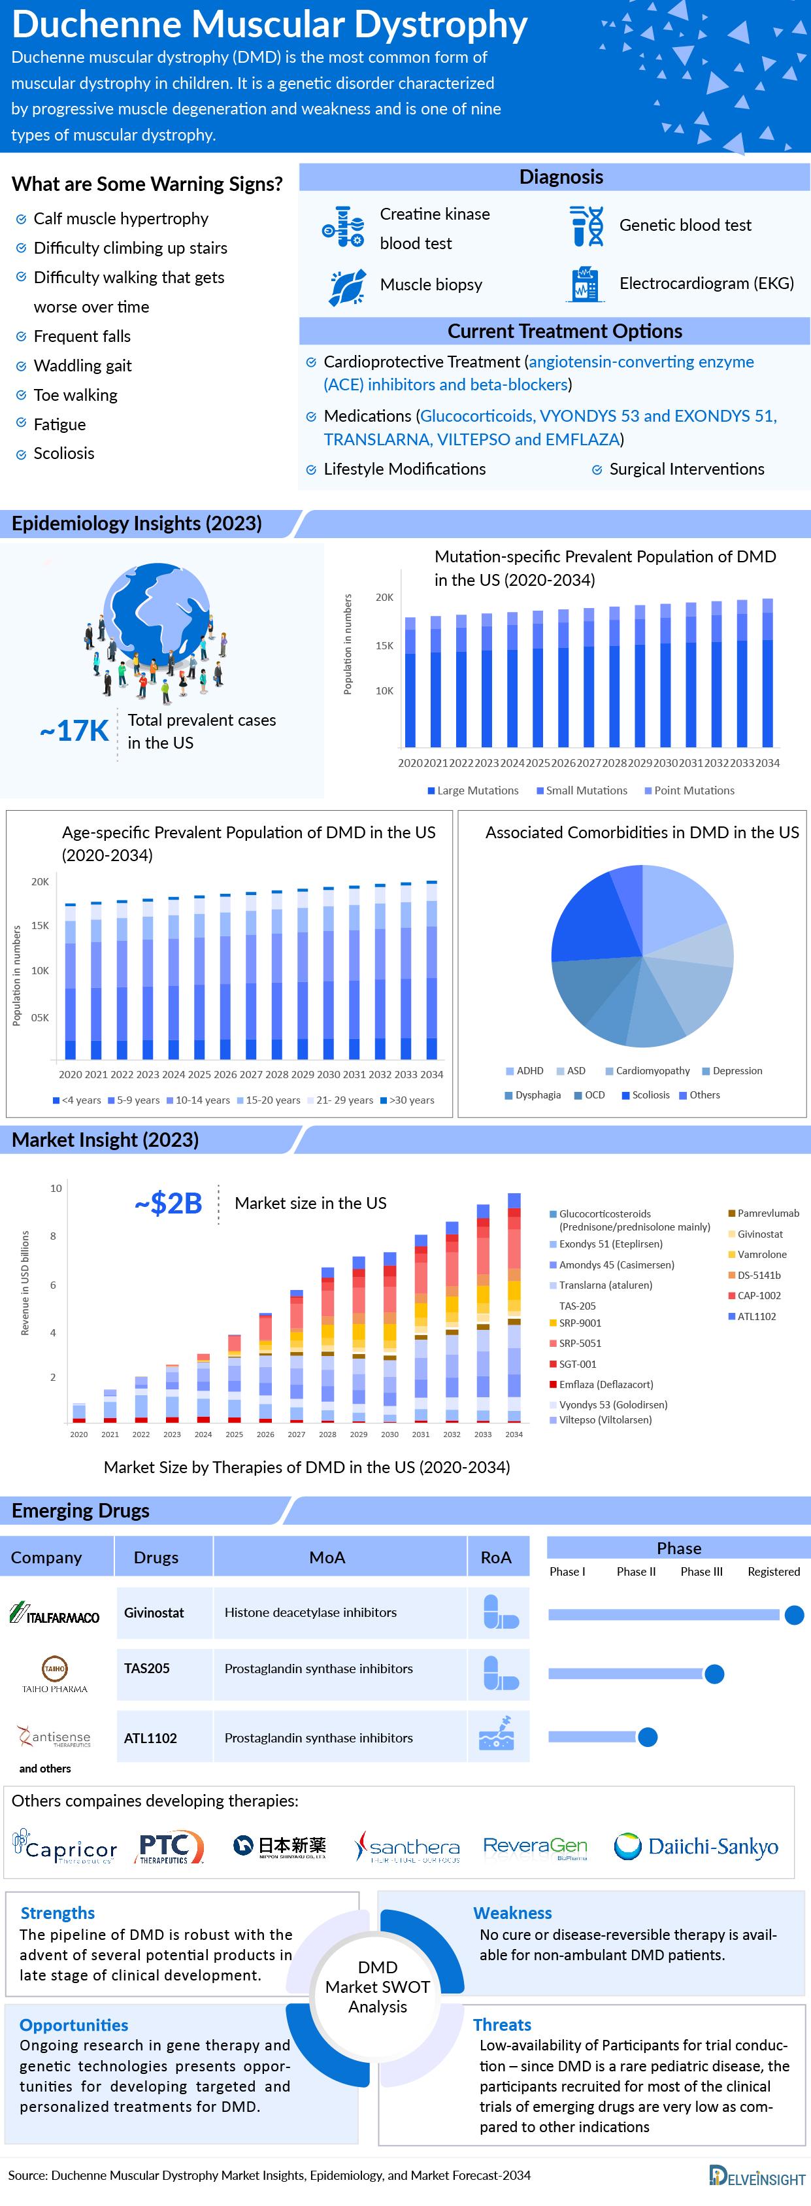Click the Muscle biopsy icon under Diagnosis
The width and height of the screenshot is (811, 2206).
[347, 286]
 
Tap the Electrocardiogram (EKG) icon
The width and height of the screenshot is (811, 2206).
[586, 284]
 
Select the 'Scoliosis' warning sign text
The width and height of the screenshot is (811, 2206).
[63, 453]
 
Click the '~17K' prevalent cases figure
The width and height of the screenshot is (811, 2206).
[74, 730]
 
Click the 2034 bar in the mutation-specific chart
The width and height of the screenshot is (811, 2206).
[767, 673]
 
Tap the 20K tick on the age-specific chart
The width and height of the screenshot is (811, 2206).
[41, 881]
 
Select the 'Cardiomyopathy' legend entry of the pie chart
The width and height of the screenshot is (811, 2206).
[652, 1070]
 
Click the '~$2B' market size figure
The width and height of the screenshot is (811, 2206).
[169, 1203]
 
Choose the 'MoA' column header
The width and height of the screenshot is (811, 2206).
[327, 1557]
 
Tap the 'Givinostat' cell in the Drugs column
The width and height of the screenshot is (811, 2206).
[154, 1612]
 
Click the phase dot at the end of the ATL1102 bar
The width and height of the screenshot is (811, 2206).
[648, 1737]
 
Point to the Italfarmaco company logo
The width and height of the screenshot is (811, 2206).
[55, 1614]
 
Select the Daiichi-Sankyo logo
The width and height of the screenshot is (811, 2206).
[696, 1846]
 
